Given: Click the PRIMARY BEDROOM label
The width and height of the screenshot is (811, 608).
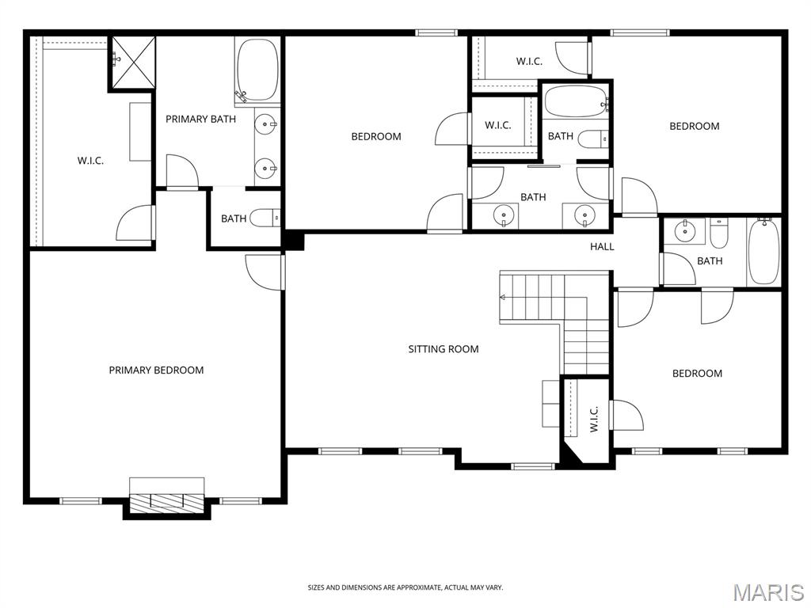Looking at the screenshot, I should [156, 370].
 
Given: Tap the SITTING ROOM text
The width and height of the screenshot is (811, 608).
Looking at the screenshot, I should [443, 348].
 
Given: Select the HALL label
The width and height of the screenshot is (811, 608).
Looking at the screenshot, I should [602, 246].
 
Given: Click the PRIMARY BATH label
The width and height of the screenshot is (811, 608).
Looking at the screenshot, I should [200, 119].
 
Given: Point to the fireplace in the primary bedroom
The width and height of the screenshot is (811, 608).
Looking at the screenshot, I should [166, 500].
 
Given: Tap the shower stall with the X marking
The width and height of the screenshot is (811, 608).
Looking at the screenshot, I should [131, 63].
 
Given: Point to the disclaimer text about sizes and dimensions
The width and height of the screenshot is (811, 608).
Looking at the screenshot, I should [405, 587].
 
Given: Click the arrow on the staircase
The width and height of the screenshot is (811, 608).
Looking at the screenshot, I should [503, 297].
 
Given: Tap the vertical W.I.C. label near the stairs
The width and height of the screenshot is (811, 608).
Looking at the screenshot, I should [593, 418].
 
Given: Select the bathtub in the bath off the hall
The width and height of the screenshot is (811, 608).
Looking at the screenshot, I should [763, 252].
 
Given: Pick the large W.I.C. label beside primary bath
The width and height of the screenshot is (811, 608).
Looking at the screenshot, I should [90, 160].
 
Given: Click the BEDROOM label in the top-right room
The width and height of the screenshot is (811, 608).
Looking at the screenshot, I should [694, 126].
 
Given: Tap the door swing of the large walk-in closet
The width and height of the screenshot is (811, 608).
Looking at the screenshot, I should [135, 223].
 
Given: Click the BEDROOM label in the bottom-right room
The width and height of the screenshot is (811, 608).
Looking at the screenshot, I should [697, 373].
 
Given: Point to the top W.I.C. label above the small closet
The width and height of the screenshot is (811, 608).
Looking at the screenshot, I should [529, 61].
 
